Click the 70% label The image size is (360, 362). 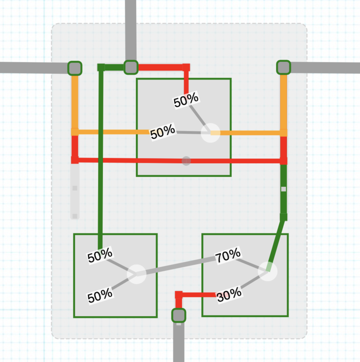(x=228, y=256)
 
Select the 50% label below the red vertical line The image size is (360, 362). (x=186, y=100)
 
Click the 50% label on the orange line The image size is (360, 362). (x=162, y=133)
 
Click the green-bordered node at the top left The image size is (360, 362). (x=74, y=68)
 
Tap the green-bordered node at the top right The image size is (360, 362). (x=283, y=67)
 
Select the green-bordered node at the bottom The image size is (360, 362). (x=179, y=315)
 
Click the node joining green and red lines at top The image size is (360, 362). (x=131, y=67)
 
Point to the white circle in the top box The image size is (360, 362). (x=210, y=132)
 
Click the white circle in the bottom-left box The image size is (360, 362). (x=136, y=274)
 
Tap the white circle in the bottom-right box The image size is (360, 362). (x=267, y=271)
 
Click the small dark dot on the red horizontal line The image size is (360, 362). (x=187, y=161)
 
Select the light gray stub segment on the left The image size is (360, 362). (x=75, y=191)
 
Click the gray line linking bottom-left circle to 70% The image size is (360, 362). (x=179, y=266)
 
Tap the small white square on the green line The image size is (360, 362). (x=284, y=189)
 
